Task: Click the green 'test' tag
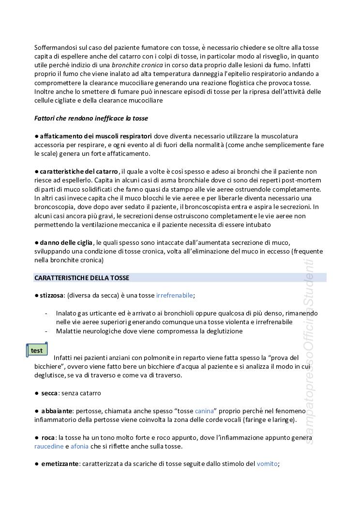coord(36,350)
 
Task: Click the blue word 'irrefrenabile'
coord(175,295)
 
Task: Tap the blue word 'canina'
coord(205,411)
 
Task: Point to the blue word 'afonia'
coord(80,446)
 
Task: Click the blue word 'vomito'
coord(268,464)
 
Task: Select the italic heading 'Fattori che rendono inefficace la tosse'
coord(91,118)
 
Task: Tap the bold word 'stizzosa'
coord(52,295)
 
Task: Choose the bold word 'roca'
coord(48,437)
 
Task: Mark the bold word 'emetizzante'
coord(60,464)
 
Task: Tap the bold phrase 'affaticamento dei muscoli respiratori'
coord(96,136)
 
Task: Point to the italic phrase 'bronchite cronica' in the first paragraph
coord(137,65)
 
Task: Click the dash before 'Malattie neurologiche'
coord(46,331)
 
